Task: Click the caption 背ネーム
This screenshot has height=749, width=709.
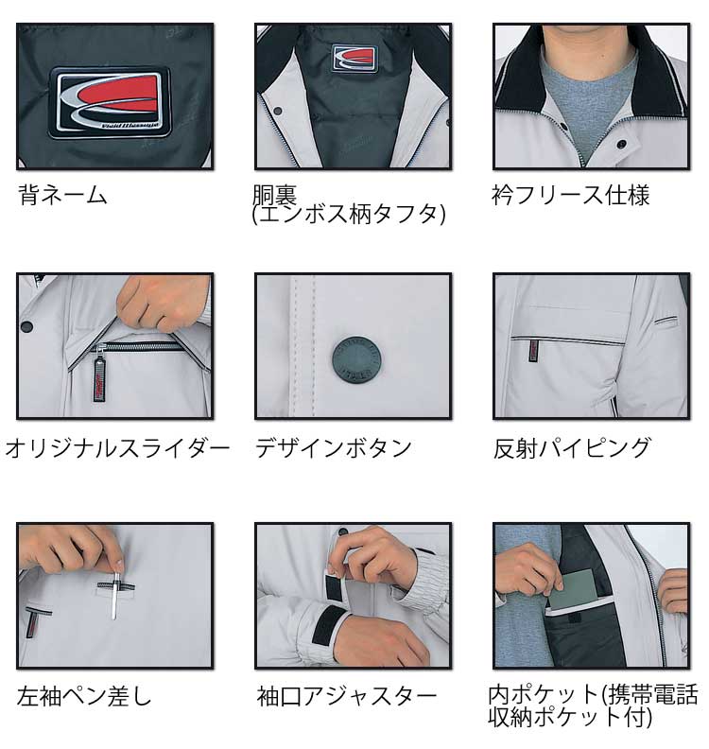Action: pos(62,196)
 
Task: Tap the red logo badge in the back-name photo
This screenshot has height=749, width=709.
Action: pos(110,103)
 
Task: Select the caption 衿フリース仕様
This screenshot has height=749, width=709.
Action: pos(571,196)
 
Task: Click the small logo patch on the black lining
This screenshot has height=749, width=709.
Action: pos(354,59)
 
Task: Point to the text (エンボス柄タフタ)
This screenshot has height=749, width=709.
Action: pos(349,215)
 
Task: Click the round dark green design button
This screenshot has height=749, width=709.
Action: pos(356,360)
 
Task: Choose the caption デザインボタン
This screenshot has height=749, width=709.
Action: pos(334,448)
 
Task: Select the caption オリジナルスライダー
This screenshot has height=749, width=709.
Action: pos(117,449)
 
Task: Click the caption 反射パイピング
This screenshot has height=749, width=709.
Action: pos(572,448)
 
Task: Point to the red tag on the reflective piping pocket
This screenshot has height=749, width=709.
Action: pos(534,351)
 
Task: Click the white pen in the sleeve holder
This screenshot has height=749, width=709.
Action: pos(115,591)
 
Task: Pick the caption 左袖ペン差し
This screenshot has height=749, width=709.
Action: pos(84,696)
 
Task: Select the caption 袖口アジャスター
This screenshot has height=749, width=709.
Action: pos(347,696)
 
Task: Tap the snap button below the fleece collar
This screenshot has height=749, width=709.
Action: pos(622,144)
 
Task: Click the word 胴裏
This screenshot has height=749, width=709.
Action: pos(274,195)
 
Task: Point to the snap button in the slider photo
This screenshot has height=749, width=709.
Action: pos(27,327)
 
